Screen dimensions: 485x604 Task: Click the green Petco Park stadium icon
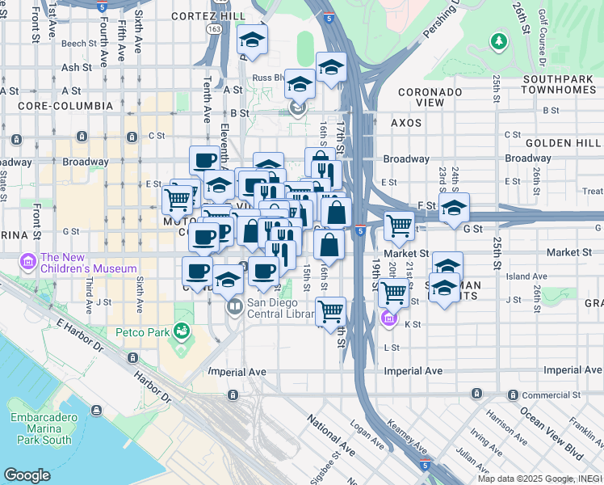pyautogui.click(x=182, y=331)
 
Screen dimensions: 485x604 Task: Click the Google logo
pyautogui.click(x=27, y=475)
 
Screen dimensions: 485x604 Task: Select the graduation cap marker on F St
pyautogui.click(x=454, y=208)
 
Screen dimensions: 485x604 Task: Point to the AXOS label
pyautogui.click(x=406, y=124)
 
